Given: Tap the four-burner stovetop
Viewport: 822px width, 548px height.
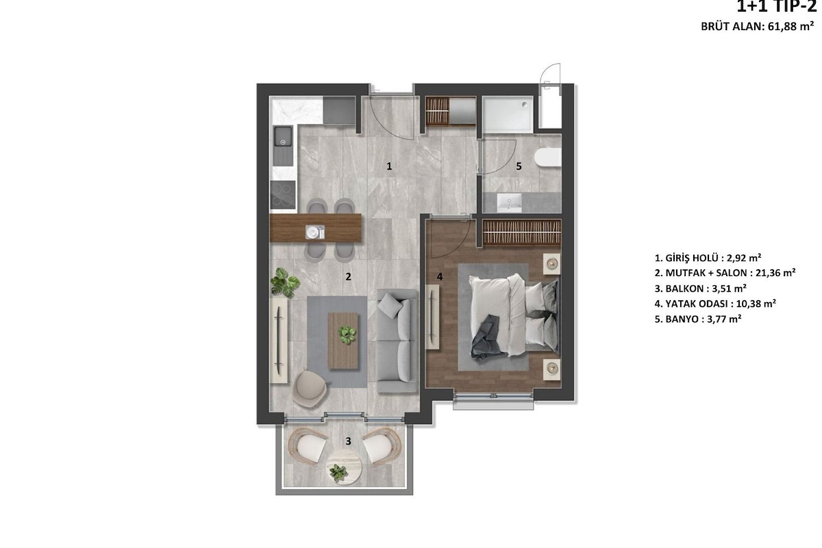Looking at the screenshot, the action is pos(283,195).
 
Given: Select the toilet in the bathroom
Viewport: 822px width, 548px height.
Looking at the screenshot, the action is pos(548,158).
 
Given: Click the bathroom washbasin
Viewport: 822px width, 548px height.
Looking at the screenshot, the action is pos(510,203).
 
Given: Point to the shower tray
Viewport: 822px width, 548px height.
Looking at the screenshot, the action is pos(508,114).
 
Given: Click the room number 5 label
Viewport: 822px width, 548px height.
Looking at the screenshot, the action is pos(519,166).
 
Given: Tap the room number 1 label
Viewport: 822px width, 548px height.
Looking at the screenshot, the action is pos(389,166).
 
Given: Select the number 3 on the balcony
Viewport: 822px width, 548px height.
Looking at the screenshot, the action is pos(348,441).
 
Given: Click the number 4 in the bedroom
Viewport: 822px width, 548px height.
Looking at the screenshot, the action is pos(440,277).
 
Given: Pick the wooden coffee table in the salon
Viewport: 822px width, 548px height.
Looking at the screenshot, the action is pos(342,340).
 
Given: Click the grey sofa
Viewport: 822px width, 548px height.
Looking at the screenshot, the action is pos(397,340).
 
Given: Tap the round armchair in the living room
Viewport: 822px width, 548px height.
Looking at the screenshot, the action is pos(310,389).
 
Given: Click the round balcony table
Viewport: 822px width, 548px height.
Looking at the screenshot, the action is pos(344,467).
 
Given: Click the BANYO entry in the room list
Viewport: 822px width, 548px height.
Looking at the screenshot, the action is pos(698,319).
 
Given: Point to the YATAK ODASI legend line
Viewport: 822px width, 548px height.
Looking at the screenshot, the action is pos(715,304).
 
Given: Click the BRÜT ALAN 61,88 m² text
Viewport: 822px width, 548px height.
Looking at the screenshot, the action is pos(758,27).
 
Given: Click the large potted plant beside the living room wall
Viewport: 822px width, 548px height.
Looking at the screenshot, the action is pos(285,282).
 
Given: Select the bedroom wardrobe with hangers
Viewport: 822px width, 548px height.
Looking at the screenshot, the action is pos(521,232).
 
